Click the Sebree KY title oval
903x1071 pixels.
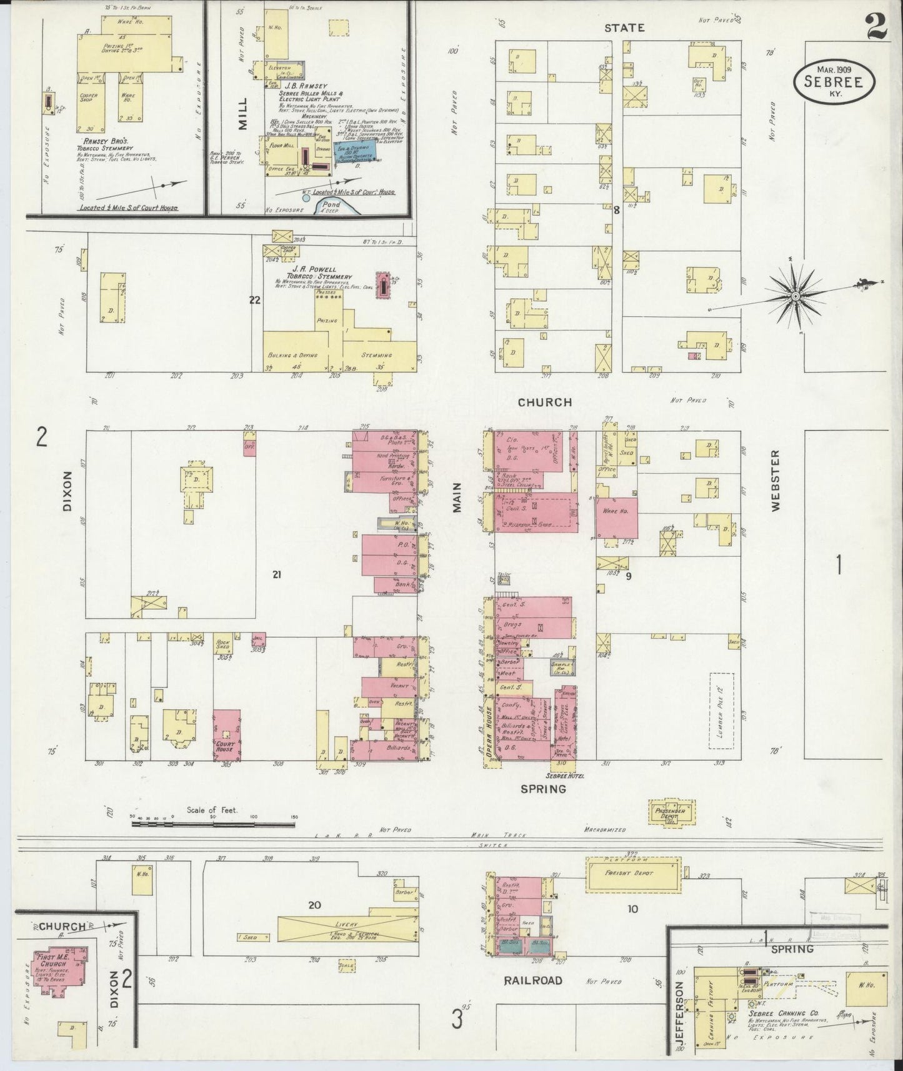(834, 81)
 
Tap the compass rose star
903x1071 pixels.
(795, 295)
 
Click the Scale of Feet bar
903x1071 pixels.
(212, 824)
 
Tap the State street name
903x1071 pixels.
(624, 27)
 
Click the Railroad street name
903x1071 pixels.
(533, 980)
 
